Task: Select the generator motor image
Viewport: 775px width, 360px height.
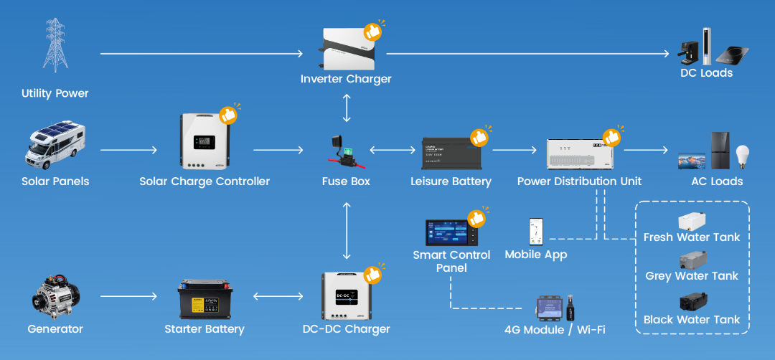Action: pos(55,295)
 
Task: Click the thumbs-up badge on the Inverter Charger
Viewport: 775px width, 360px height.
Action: pos(372,32)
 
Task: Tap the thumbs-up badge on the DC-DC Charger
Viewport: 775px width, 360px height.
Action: pos(372,274)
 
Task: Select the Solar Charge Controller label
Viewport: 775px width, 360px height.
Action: pos(205,181)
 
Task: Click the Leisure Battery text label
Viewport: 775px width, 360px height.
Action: pos(451,181)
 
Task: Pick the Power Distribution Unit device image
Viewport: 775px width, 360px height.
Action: pos(580,153)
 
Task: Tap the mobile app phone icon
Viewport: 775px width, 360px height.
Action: pos(536,232)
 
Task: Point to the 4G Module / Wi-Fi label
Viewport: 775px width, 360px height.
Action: pos(555,330)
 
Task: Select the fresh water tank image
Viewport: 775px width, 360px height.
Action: pos(691,221)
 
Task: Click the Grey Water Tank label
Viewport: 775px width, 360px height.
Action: pos(692,276)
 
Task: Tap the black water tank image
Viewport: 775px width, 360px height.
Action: pos(691,302)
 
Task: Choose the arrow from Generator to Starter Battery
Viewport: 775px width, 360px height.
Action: pos(128,295)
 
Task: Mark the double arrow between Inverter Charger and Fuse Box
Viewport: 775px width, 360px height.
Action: pos(347,107)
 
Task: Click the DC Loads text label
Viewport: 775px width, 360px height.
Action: pos(706,73)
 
